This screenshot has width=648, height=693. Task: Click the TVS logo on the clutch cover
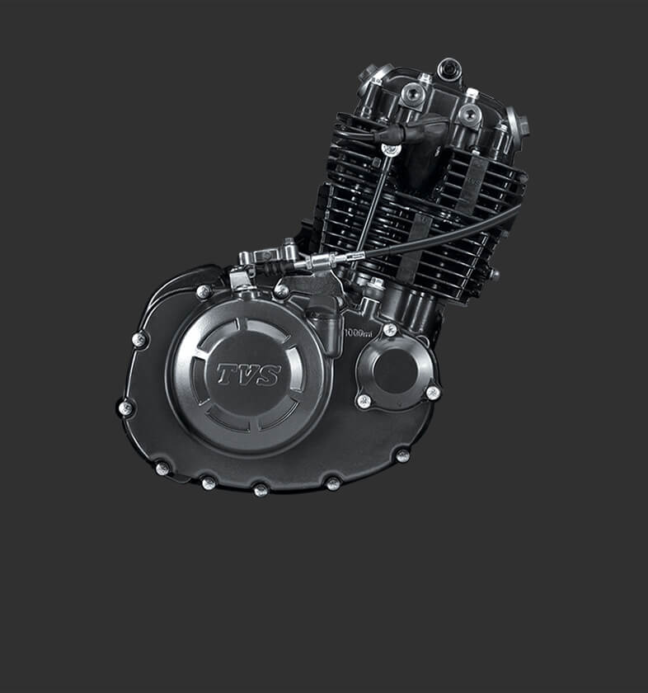click(x=248, y=375)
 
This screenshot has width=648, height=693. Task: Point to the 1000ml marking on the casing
click(x=358, y=332)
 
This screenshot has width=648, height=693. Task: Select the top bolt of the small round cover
click(x=389, y=330)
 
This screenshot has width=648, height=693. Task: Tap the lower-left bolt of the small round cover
click(x=363, y=401)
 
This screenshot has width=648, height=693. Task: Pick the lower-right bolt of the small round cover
click(x=432, y=394)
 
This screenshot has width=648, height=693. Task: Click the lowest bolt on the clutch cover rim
click(x=261, y=489)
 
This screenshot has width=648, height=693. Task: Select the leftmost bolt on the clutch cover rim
click(x=125, y=408)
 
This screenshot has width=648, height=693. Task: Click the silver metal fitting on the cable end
click(x=322, y=262)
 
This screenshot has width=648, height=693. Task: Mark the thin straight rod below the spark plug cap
click(x=375, y=198)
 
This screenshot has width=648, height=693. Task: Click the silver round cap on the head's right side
click(x=517, y=124)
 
